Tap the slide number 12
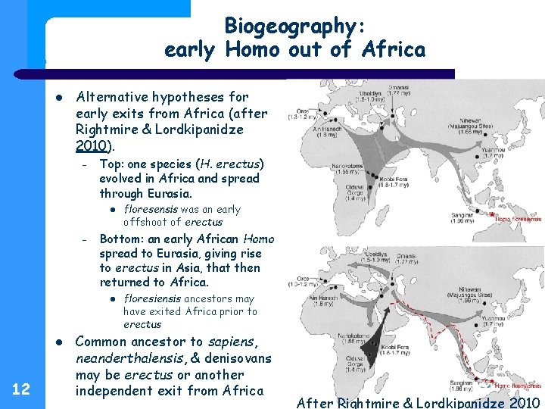22,389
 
